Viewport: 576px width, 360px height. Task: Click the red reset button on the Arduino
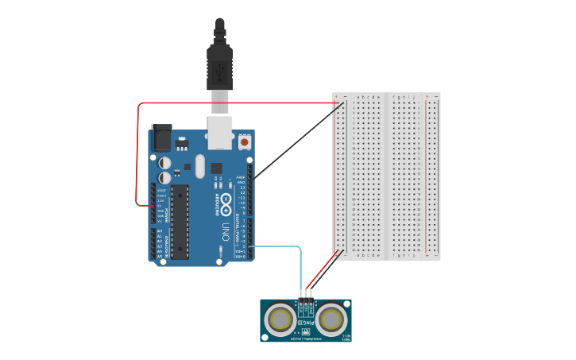point(245,142)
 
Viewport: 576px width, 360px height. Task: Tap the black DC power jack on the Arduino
point(161,137)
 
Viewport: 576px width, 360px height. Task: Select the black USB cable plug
point(218,68)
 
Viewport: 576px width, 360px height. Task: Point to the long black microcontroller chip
point(180,222)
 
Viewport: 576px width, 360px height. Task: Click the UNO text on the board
point(225,231)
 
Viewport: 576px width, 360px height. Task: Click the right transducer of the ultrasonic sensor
point(331,319)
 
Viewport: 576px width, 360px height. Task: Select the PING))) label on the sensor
point(306,323)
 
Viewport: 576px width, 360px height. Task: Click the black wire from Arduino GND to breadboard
point(294,140)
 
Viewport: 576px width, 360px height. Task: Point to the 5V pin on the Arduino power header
point(154,205)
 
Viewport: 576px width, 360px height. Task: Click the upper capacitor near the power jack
point(165,160)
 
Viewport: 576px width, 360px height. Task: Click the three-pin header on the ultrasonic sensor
point(306,303)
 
